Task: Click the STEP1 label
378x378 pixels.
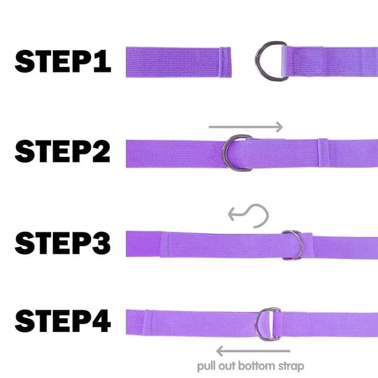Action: click(63, 62)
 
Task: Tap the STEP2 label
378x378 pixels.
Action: click(62, 151)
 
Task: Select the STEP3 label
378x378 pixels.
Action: click(62, 243)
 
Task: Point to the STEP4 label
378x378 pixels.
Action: click(63, 321)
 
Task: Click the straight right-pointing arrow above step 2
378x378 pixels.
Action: click(246, 127)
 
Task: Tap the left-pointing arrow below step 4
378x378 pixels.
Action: click(253, 351)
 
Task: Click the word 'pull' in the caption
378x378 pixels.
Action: click(207, 367)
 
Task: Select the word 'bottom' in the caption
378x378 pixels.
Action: click(256, 366)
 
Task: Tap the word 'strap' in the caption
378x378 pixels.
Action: click(291, 367)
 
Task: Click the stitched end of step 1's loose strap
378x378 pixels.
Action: click(225, 62)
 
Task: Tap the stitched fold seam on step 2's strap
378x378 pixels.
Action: click(323, 153)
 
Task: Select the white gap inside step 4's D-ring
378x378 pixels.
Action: click(272, 324)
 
